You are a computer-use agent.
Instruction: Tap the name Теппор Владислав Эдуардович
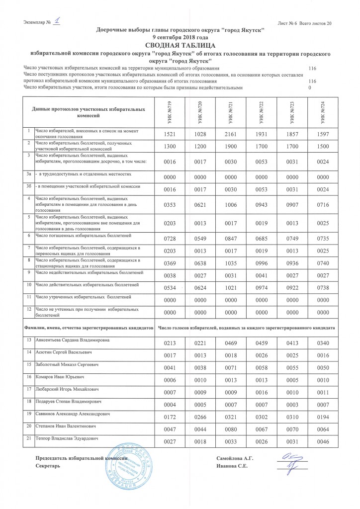pos(69,438)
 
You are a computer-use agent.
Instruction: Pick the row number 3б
pos(29,185)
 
